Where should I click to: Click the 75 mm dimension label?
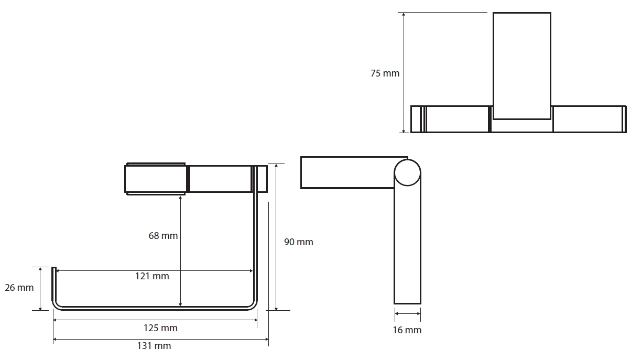[x=385, y=73]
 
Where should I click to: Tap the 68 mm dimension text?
[x=163, y=235]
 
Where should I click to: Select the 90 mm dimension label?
[x=299, y=242]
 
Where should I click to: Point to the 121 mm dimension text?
[x=152, y=276]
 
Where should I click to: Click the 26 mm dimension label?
[x=19, y=288]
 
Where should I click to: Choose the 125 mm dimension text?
[x=160, y=328]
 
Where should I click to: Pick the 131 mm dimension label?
[x=154, y=346]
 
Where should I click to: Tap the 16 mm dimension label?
[x=407, y=330]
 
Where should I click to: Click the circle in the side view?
[x=407, y=160]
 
